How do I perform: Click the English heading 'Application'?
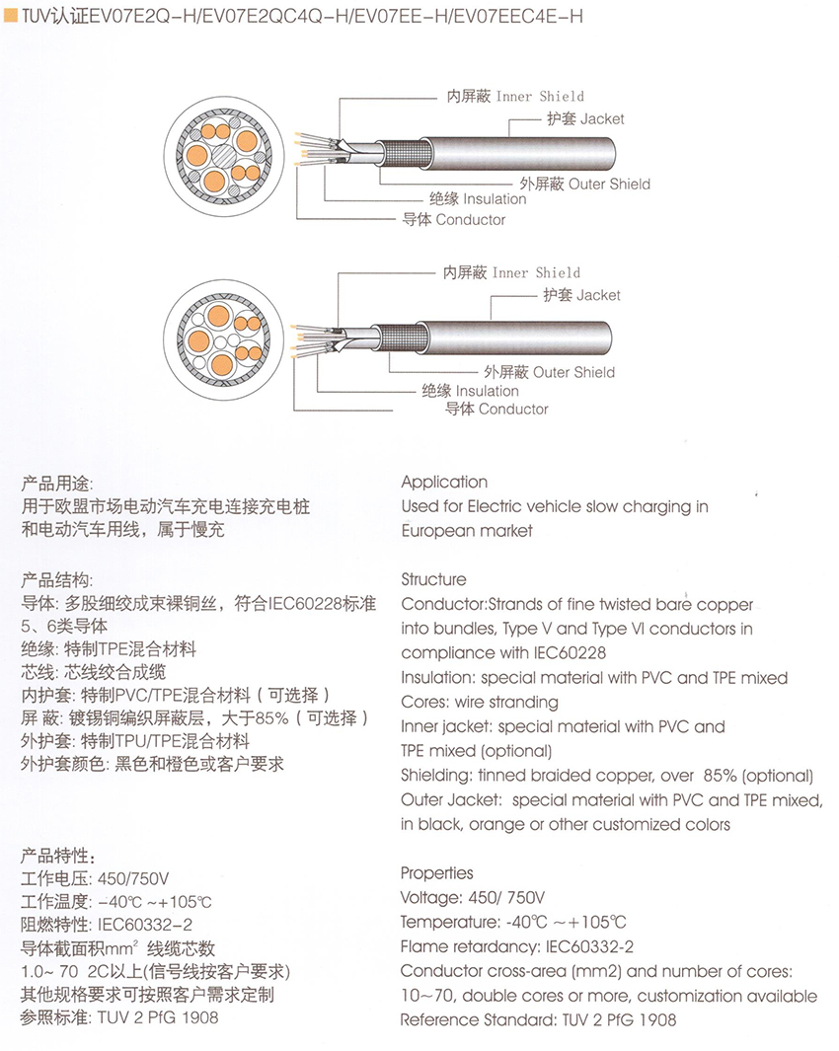point(444,483)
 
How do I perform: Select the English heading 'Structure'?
point(433,579)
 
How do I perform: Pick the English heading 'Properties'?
point(437,873)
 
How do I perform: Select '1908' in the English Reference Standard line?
point(657,1020)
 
